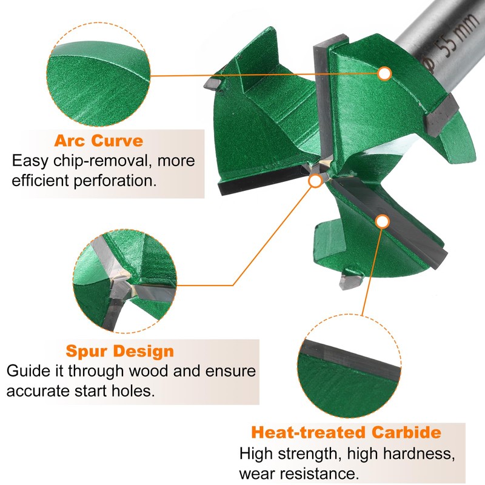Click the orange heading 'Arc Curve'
coord(99,141)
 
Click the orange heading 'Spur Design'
coord(119,351)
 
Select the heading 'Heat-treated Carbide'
coord(346,433)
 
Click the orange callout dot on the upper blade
coord(384,73)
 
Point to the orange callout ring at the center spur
coord(315,180)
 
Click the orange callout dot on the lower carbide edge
coord(382,221)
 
